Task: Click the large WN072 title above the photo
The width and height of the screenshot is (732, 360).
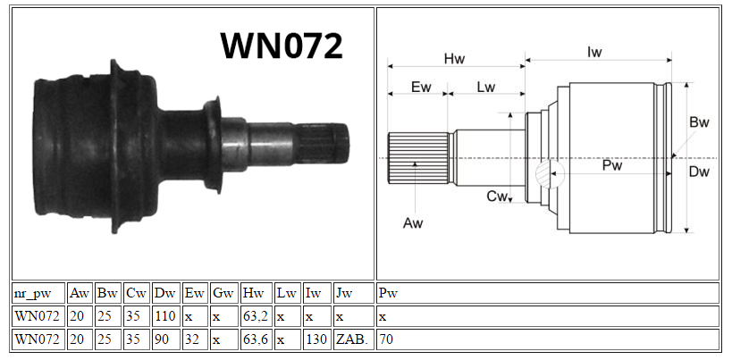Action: point(282,46)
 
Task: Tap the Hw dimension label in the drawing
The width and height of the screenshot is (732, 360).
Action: point(454,58)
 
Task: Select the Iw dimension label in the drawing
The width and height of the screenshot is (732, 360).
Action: point(594,52)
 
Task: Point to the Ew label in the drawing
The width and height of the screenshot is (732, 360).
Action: point(421,88)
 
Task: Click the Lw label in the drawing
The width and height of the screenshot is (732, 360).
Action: point(485,88)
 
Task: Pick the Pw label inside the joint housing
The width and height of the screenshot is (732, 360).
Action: point(612,164)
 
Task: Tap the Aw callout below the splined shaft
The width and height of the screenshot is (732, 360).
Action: point(413,223)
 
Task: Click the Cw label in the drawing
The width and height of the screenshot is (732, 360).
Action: point(497,197)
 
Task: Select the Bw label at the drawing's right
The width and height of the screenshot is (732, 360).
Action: point(699,122)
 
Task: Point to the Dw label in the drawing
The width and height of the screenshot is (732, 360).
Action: point(699,172)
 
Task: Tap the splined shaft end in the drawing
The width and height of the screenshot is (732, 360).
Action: point(418,157)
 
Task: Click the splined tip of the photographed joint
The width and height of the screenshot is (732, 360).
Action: point(323,144)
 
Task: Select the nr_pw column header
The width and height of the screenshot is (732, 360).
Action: point(32,294)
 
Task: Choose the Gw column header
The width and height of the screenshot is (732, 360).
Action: point(223,293)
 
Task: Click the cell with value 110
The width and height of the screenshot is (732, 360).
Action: point(164,316)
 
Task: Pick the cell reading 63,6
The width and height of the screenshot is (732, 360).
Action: point(255,340)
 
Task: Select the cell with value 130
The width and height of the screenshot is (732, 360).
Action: point(316,340)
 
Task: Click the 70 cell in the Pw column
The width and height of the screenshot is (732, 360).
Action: point(386,340)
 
